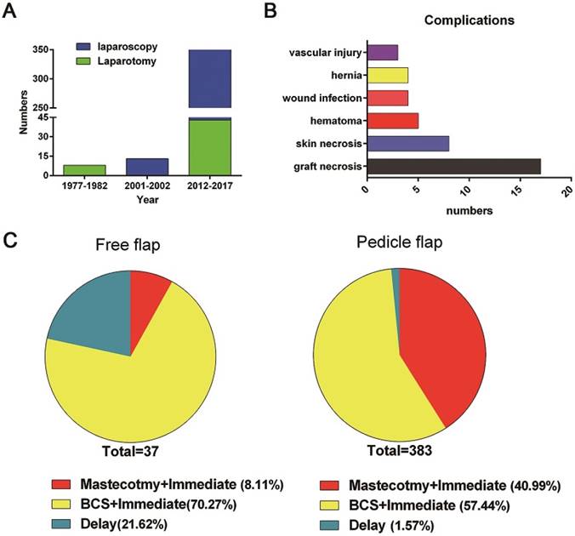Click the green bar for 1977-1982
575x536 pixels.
[83, 169]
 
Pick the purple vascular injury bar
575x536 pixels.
[381, 53]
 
